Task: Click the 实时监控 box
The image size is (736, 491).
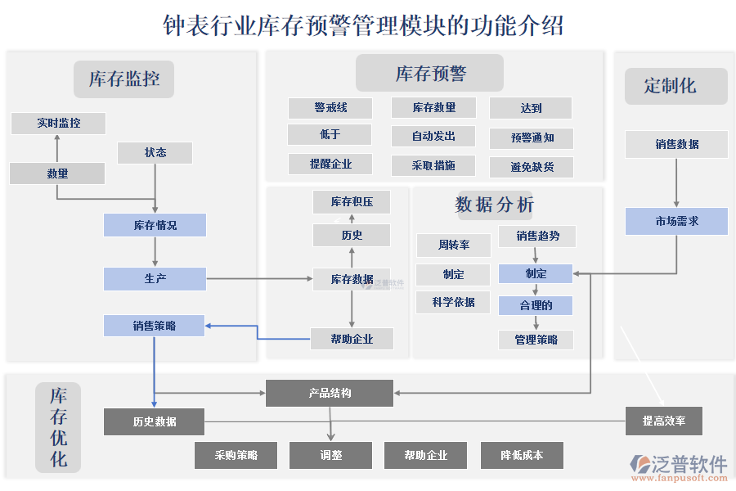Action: (58, 124)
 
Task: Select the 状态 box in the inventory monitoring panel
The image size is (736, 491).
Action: (155, 152)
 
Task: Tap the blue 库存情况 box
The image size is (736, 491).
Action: (155, 225)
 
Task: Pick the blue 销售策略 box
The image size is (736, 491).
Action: (154, 326)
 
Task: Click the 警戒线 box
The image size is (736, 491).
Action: (330, 108)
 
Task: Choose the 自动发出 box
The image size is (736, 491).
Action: (433, 136)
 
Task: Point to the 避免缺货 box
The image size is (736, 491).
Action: (532, 167)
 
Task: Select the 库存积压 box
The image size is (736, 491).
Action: (352, 201)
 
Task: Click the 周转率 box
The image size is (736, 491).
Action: (453, 245)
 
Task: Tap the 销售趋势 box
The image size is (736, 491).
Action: (537, 236)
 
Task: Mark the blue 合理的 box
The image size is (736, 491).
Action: (536, 305)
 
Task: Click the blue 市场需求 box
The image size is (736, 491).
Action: (676, 221)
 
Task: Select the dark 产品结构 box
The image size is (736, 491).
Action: (330, 393)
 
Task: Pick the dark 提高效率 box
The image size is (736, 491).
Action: (663, 421)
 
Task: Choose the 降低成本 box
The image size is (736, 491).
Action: (521, 455)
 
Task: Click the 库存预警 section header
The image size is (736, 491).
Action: (429, 74)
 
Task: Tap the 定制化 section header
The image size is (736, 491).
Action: (675, 86)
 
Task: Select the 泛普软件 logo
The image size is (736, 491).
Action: (678, 466)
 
